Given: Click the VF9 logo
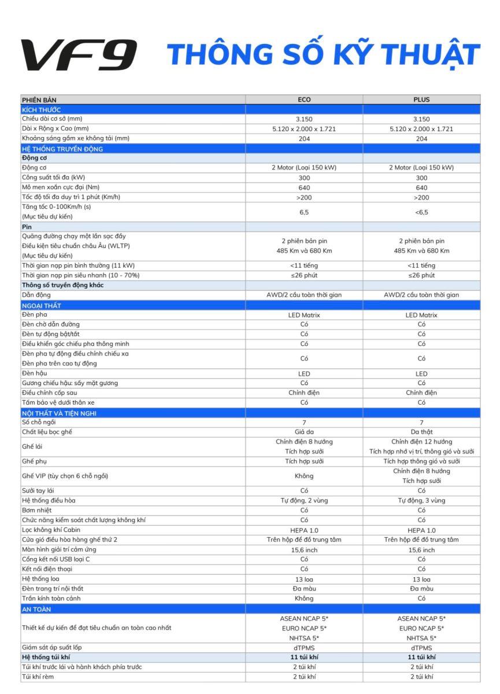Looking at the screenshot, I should click(x=79, y=55).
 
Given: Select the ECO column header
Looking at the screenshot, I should click(x=304, y=99).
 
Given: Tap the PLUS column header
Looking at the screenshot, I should click(x=421, y=99).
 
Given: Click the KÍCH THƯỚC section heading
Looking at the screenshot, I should click(x=42, y=109).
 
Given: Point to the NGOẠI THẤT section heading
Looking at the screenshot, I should click(x=42, y=305).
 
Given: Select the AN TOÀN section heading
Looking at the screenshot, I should click(x=36, y=609).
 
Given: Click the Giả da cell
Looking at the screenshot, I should click(x=304, y=432).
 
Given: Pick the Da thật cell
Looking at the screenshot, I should click(x=421, y=432).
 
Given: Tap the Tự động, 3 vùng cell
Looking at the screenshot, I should click(x=421, y=500).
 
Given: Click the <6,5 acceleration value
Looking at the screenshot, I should click(x=421, y=212).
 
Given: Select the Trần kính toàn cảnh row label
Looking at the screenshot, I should click(x=51, y=598).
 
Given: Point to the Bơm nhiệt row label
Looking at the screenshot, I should click(x=37, y=510).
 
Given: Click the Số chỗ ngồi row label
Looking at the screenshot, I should click(x=42, y=422).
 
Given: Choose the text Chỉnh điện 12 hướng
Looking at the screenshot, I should click(x=421, y=442).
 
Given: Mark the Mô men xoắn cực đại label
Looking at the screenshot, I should click(x=61, y=187).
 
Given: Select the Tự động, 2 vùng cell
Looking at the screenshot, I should click(x=304, y=500).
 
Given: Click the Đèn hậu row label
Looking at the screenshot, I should click(x=35, y=374).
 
